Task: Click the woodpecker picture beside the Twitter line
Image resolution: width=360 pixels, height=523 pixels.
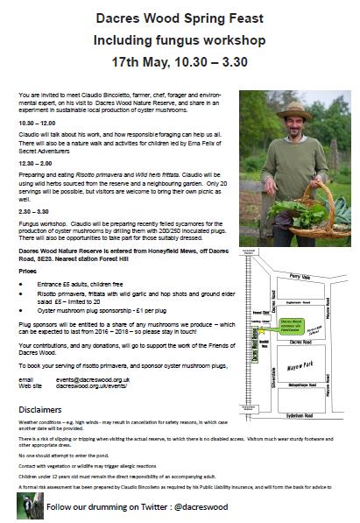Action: tap(30, 505)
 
